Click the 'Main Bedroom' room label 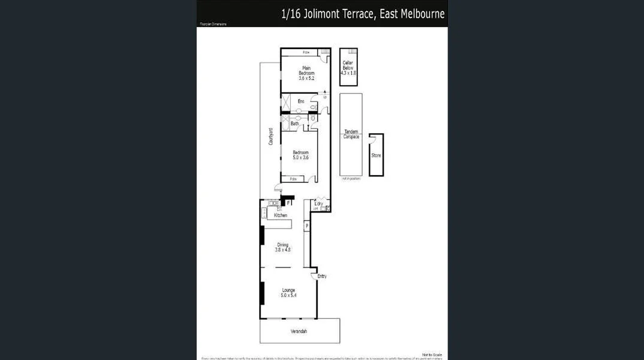(x=306, y=70)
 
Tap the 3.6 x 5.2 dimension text (x=306, y=78)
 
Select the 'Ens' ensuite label (x=301, y=101)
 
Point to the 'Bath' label (x=294, y=124)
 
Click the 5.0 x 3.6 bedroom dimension (x=300, y=157)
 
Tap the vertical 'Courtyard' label (x=271, y=137)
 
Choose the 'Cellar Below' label (x=348, y=65)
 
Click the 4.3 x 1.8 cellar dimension (x=348, y=73)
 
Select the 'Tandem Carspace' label (x=351, y=134)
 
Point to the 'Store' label (x=376, y=155)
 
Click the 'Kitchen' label (x=281, y=215)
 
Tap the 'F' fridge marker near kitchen (x=288, y=203)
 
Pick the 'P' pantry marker (x=306, y=226)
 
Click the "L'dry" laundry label (x=319, y=204)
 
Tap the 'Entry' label (x=322, y=276)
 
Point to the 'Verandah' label (x=299, y=331)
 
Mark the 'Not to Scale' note (x=432, y=355)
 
